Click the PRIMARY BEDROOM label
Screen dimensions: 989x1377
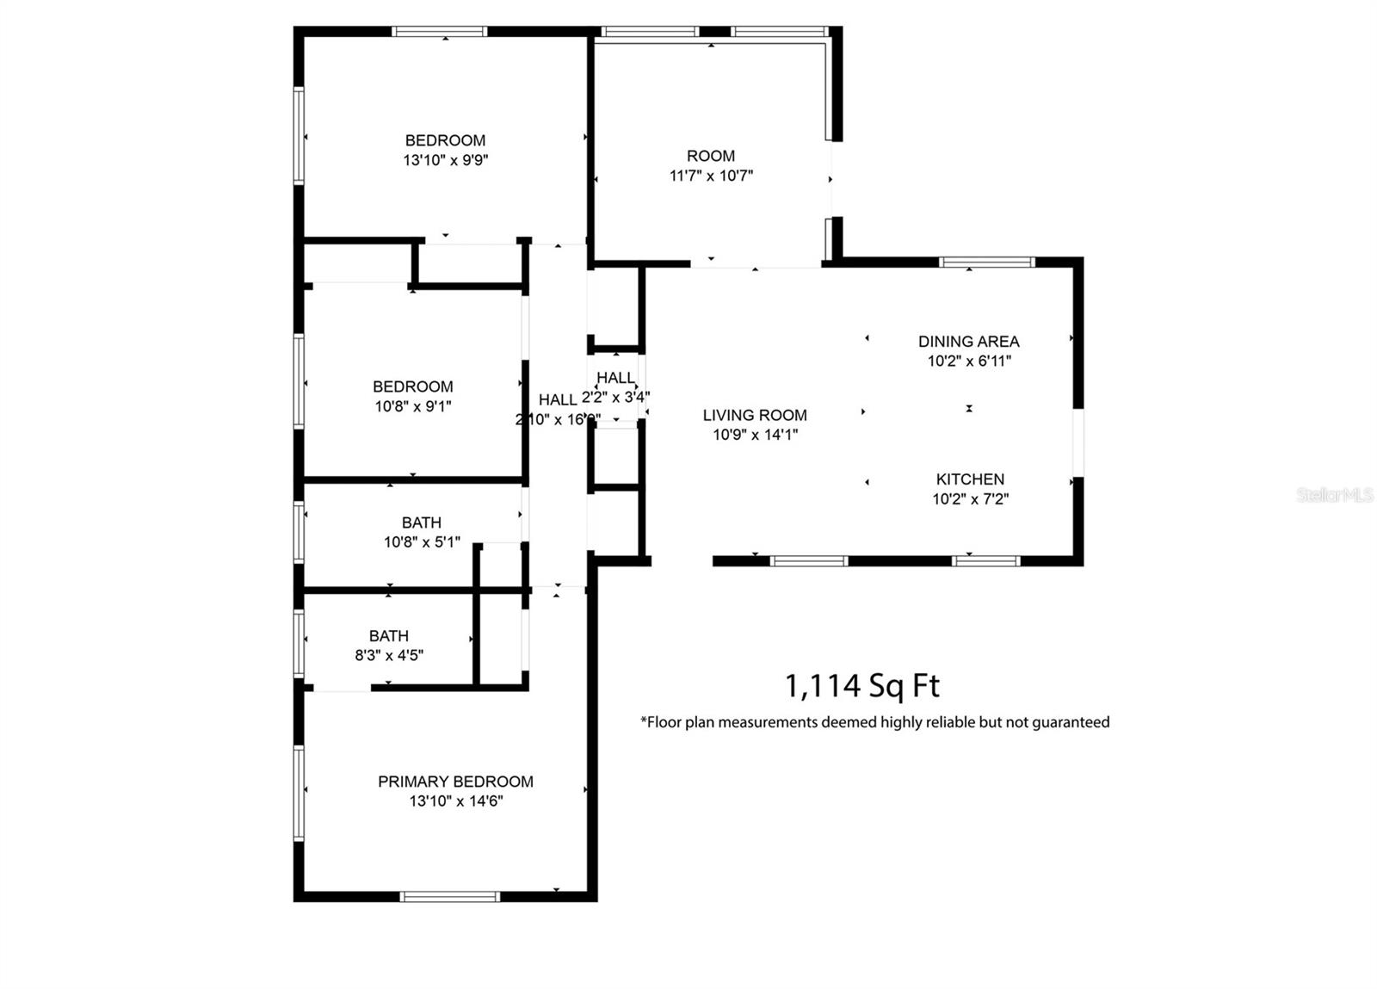pos(455,782)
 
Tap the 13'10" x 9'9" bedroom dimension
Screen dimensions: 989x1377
pos(445,160)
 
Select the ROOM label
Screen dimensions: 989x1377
pos(711,156)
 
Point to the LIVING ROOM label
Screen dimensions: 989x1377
pos(755,415)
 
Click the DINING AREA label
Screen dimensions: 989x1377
pos(968,342)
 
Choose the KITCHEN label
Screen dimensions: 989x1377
pos(970,479)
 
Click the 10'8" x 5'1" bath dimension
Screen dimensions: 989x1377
pos(422,542)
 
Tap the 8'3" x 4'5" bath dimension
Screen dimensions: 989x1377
pos(389,655)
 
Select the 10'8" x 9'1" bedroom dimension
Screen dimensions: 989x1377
pos(413,406)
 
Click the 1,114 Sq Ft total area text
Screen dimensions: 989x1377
pos(861,686)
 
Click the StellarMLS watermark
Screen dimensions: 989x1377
pos(1335,495)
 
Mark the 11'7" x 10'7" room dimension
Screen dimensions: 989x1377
pos(711,176)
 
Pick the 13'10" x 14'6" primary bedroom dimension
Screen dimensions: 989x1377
pos(456,801)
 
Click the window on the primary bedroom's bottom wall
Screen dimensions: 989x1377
pos(450,897)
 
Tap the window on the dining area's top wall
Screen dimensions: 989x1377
pos(986,262)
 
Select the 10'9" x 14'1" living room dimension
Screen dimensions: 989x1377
pos(755,435)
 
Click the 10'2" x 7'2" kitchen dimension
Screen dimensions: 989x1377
pos(970,499)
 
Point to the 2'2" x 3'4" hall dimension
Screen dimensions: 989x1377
pos(615,398)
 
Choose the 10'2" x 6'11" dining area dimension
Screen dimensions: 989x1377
pos(968,362)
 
